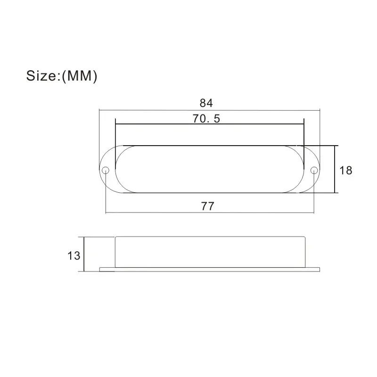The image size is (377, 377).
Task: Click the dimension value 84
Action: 206,103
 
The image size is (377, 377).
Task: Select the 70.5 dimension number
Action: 206,119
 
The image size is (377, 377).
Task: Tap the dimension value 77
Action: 207,206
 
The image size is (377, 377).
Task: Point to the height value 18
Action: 346,171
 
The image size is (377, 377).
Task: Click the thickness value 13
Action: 74,255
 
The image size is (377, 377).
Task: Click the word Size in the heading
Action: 41,76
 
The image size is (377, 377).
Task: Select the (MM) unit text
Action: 80,76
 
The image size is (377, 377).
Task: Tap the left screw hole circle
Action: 106,170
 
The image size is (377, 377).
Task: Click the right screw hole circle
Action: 314,170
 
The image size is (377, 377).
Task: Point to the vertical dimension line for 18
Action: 335,169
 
